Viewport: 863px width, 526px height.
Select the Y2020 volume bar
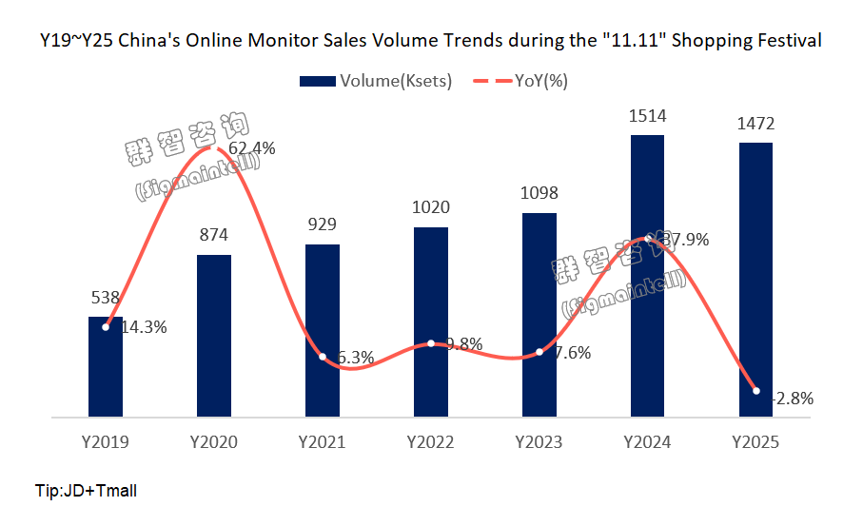[213, 335]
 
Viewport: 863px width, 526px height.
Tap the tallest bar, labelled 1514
[647, 276]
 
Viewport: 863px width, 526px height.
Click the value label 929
[322, 224]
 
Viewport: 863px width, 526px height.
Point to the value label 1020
[430, 207]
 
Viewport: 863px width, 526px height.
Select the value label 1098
[539, 193]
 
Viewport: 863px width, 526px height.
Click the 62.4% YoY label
[253, 147]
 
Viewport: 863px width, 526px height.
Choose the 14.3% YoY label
[144, 327]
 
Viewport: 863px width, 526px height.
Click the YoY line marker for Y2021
[323, 357]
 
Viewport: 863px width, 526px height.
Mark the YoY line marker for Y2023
[539, 352]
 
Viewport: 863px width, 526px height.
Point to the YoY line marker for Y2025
[756, 390]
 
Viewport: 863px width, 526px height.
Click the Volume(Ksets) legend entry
[375, 81]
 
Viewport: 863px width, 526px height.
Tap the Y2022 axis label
[430, 442]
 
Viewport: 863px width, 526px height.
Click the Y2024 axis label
[647, 442]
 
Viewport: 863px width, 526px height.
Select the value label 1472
[755, 123]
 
